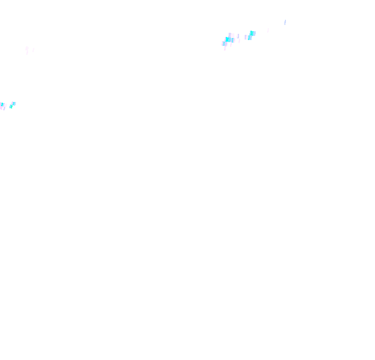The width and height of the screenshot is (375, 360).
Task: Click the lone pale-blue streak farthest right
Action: (x=285, y=22)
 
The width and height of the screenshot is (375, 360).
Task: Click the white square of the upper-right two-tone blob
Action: (x=246, y=37)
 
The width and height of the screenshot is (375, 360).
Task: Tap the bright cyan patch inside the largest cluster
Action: (x=228, y=40)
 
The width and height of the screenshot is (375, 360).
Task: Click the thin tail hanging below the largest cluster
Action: (x=225, y=48)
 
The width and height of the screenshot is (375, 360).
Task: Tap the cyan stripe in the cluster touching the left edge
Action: (x=2, y=105)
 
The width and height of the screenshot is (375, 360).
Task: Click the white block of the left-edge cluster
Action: (x=5, y=105)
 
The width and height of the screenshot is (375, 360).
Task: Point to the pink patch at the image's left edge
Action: (x=1, y=107)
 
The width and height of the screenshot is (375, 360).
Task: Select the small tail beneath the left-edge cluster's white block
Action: (x=4, y=109)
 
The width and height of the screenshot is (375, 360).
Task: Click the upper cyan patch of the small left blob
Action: (x=14, y=104)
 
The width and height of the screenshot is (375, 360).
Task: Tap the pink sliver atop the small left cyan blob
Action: (x=12, y=102)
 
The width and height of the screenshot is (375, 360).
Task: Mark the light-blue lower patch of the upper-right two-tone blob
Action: (x=250, y=37)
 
